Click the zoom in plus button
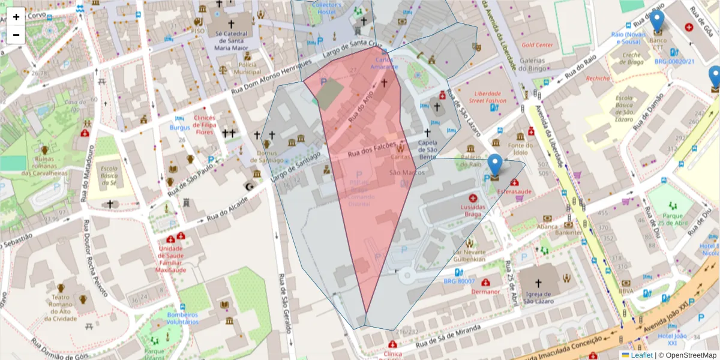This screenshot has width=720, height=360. [x=16, y=17]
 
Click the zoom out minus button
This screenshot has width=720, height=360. [x=16, y=35]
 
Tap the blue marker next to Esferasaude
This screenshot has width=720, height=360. [x=494, y=166]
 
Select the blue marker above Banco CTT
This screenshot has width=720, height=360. [x=657, y=22]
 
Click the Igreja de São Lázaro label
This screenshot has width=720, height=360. [x=538, y=298]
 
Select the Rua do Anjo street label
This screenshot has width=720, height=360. [x=362, y=108]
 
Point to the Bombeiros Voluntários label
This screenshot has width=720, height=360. [x=182, y=318]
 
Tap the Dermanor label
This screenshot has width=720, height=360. [x=485, y=292]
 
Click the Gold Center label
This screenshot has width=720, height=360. [x=537, y=45]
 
